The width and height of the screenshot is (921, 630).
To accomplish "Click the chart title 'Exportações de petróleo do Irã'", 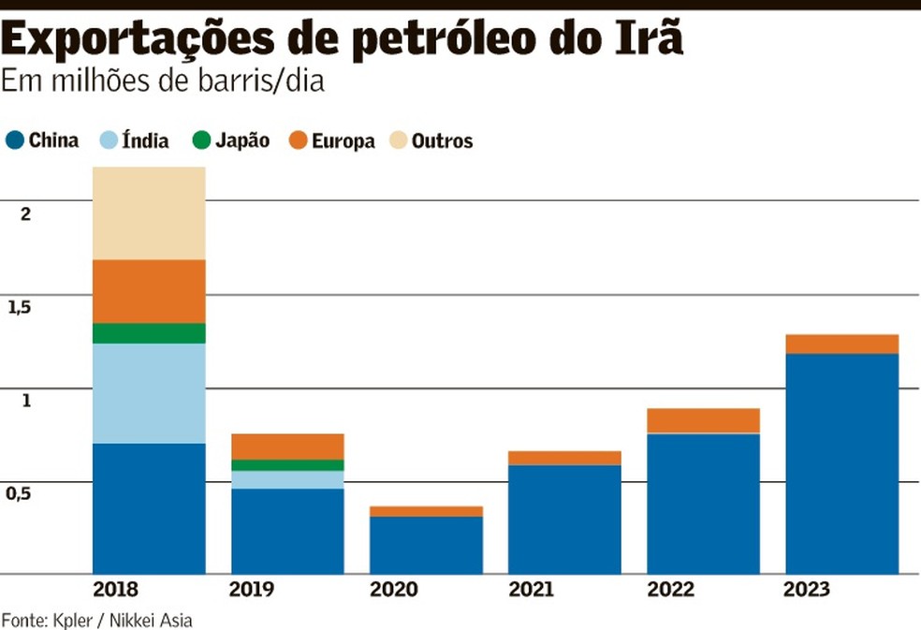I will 343,39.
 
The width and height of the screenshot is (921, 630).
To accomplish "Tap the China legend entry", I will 43,141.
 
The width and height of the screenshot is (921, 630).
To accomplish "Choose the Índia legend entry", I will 135,141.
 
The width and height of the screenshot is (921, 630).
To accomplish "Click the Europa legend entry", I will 332,141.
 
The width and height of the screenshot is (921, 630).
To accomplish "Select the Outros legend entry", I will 431,141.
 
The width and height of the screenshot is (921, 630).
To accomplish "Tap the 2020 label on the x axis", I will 392,590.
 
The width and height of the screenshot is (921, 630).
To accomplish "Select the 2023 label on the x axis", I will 806,590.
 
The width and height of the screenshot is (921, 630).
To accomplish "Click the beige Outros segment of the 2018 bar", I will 149,213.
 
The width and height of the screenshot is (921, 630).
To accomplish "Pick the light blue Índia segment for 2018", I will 149,393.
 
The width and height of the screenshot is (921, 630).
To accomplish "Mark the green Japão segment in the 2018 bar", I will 149,333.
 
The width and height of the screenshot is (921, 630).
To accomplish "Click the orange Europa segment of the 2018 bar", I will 149,291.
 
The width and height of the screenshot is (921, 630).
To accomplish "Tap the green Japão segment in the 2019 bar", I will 287,465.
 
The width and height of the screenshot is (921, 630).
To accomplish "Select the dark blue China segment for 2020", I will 426,545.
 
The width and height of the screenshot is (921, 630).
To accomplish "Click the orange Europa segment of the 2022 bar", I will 703,420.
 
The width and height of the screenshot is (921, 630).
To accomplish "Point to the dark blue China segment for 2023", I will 841,463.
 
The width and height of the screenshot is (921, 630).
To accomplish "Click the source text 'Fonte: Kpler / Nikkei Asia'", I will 96,620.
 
